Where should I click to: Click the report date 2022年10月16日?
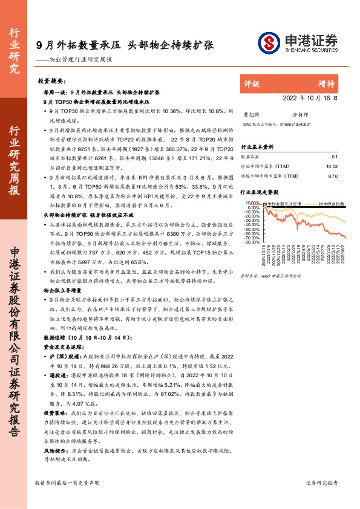coord(310,97)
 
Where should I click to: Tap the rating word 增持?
coord(327,83)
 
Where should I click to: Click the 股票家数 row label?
coord(251,157)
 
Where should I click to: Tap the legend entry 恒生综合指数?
coord(332,204)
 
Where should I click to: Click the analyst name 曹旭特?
coord(250,113)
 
